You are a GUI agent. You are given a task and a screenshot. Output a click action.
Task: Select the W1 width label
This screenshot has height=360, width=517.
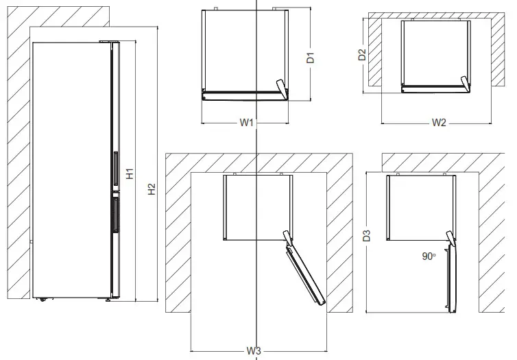pos(247,123)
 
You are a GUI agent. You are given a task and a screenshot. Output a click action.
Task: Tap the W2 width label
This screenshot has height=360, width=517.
pos(439,123)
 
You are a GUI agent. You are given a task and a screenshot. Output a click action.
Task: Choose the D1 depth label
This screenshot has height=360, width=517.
pos(310,58)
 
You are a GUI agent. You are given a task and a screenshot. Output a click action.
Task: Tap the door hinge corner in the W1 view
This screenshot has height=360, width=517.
pos(282,88)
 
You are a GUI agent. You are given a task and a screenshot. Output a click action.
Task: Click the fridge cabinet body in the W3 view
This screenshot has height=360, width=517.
pos(258,206)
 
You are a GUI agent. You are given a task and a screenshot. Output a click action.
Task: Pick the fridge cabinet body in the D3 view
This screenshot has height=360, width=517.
pos(420,206)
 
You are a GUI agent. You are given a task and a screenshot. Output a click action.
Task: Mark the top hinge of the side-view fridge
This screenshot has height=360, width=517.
pos(108,41)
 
